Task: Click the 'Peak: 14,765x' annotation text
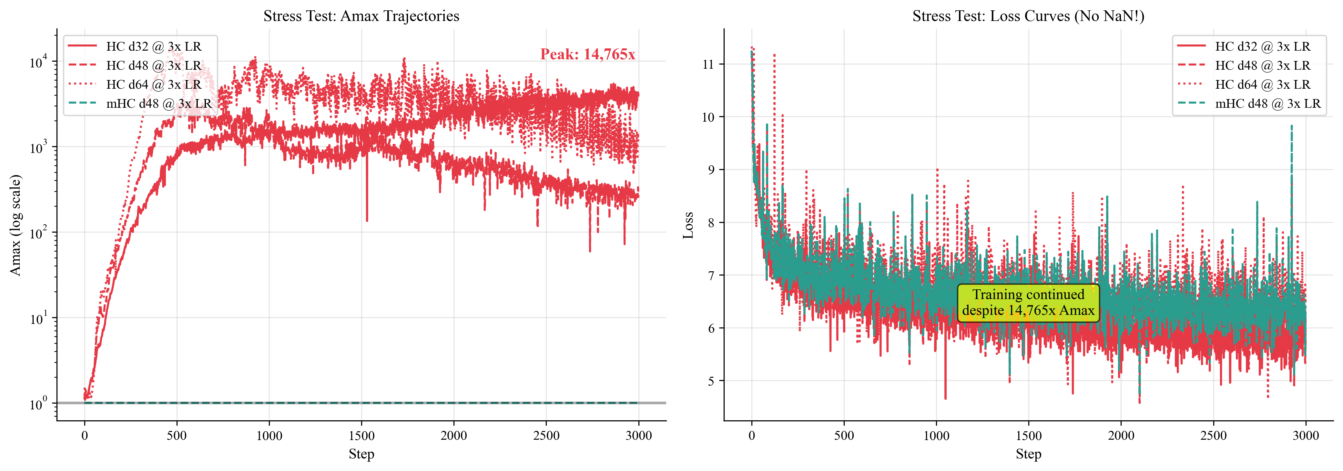point(587,54)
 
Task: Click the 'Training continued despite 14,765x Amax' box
point(1028,303)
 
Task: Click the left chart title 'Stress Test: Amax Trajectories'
point(361,16)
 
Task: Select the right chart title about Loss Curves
point(1028,16)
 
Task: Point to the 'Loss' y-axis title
point(688,225)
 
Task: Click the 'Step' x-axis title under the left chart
point(361,454)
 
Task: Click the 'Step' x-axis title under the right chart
point(1028,454)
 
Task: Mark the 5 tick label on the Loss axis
point(711,381)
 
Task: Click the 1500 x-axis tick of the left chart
point(361,436)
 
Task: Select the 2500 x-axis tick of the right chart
point(1213,436)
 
